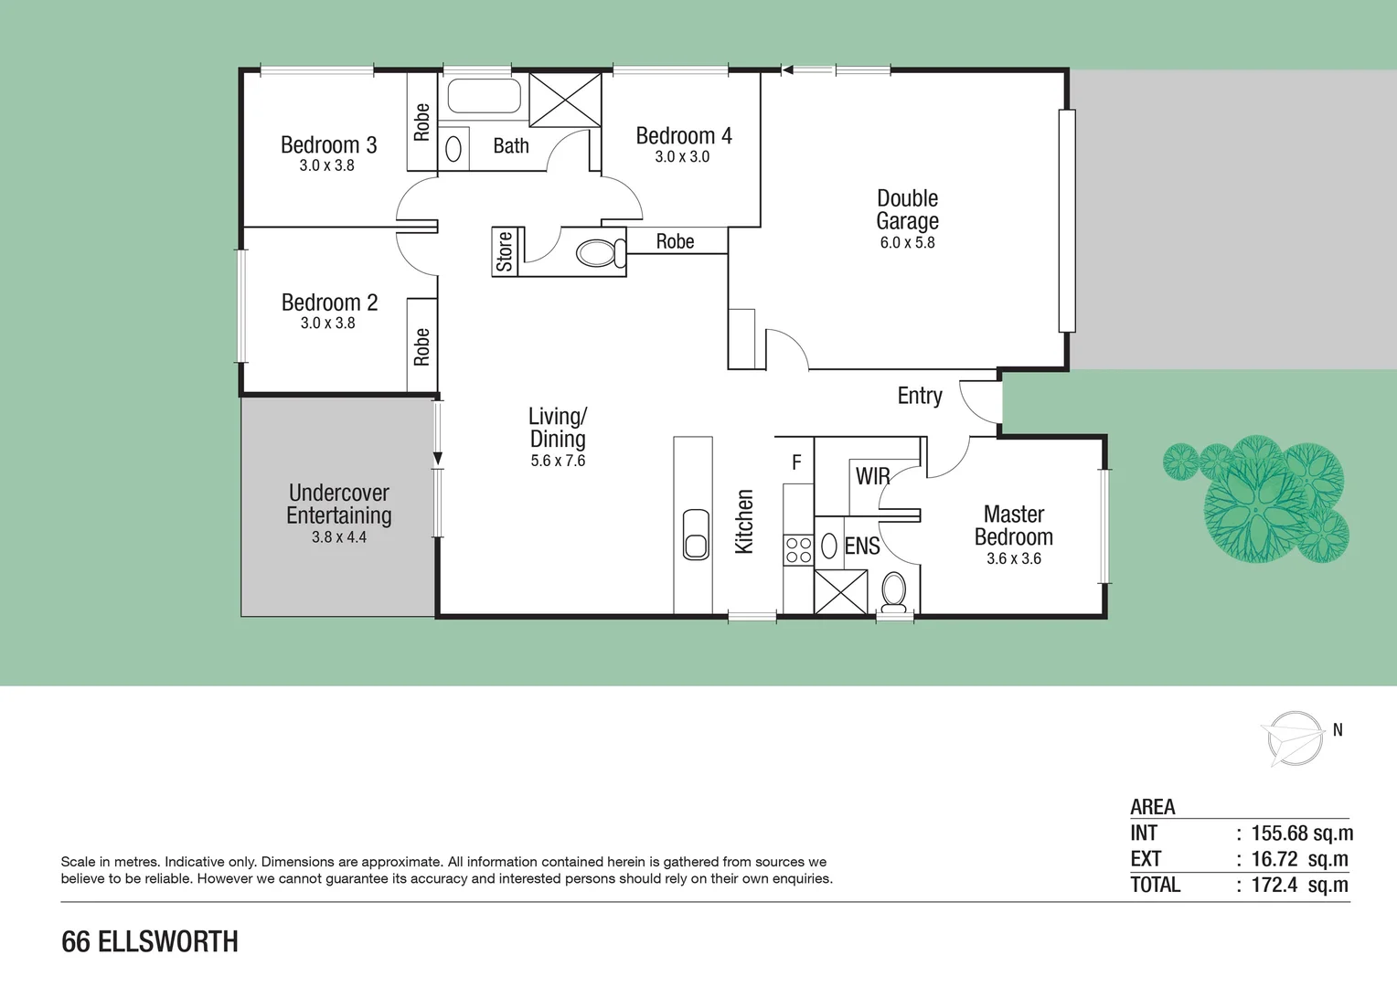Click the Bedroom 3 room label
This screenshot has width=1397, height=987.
pyautogui.click(x=328, y=145)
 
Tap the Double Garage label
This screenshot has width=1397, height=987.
pyautogui.click(x=907, y=209)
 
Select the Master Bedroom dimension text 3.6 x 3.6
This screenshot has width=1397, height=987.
pyautogui.click(x=1013, y=558)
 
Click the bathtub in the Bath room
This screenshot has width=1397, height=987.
pyautogui.click(x=484, y=96)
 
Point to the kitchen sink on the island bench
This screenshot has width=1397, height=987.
pyautogui.click(x=696, y=534)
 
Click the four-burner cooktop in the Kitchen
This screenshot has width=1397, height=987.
pyautogui.click(x=798, y=549)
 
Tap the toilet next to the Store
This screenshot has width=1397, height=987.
pyautogui.click(x=600, y=252)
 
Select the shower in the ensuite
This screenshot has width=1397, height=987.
pyautogui.click(x=840, y=591)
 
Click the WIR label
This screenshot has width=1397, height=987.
pyautogui.click(x=871, y=476)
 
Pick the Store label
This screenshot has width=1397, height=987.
pyautogui.click(x=505, y=252)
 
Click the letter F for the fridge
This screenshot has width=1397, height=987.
pyautogui.click(x=796, y=462)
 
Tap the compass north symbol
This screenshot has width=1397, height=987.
pyautogui.click(x=1296, y=737)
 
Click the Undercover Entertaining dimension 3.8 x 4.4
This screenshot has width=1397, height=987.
pyautogui.click(x=338, y=537)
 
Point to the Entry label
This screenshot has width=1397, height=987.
pyautogui.click(x=919, y=396)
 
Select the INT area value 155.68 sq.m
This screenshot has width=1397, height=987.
pyautogui.click(x=1301, y=833)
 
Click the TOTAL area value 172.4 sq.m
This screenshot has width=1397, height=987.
pyautogui.click(x=1299, y=885)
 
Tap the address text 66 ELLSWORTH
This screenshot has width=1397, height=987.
pyautogui.click(x=150, y=941)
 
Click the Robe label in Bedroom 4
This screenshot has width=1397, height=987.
pyautogui.click(x=675, y=241)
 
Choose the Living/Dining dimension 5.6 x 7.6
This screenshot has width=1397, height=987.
pyautogui.click(x=558, y=461)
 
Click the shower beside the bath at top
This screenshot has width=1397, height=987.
pyautogui.click(x=565, y=100)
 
